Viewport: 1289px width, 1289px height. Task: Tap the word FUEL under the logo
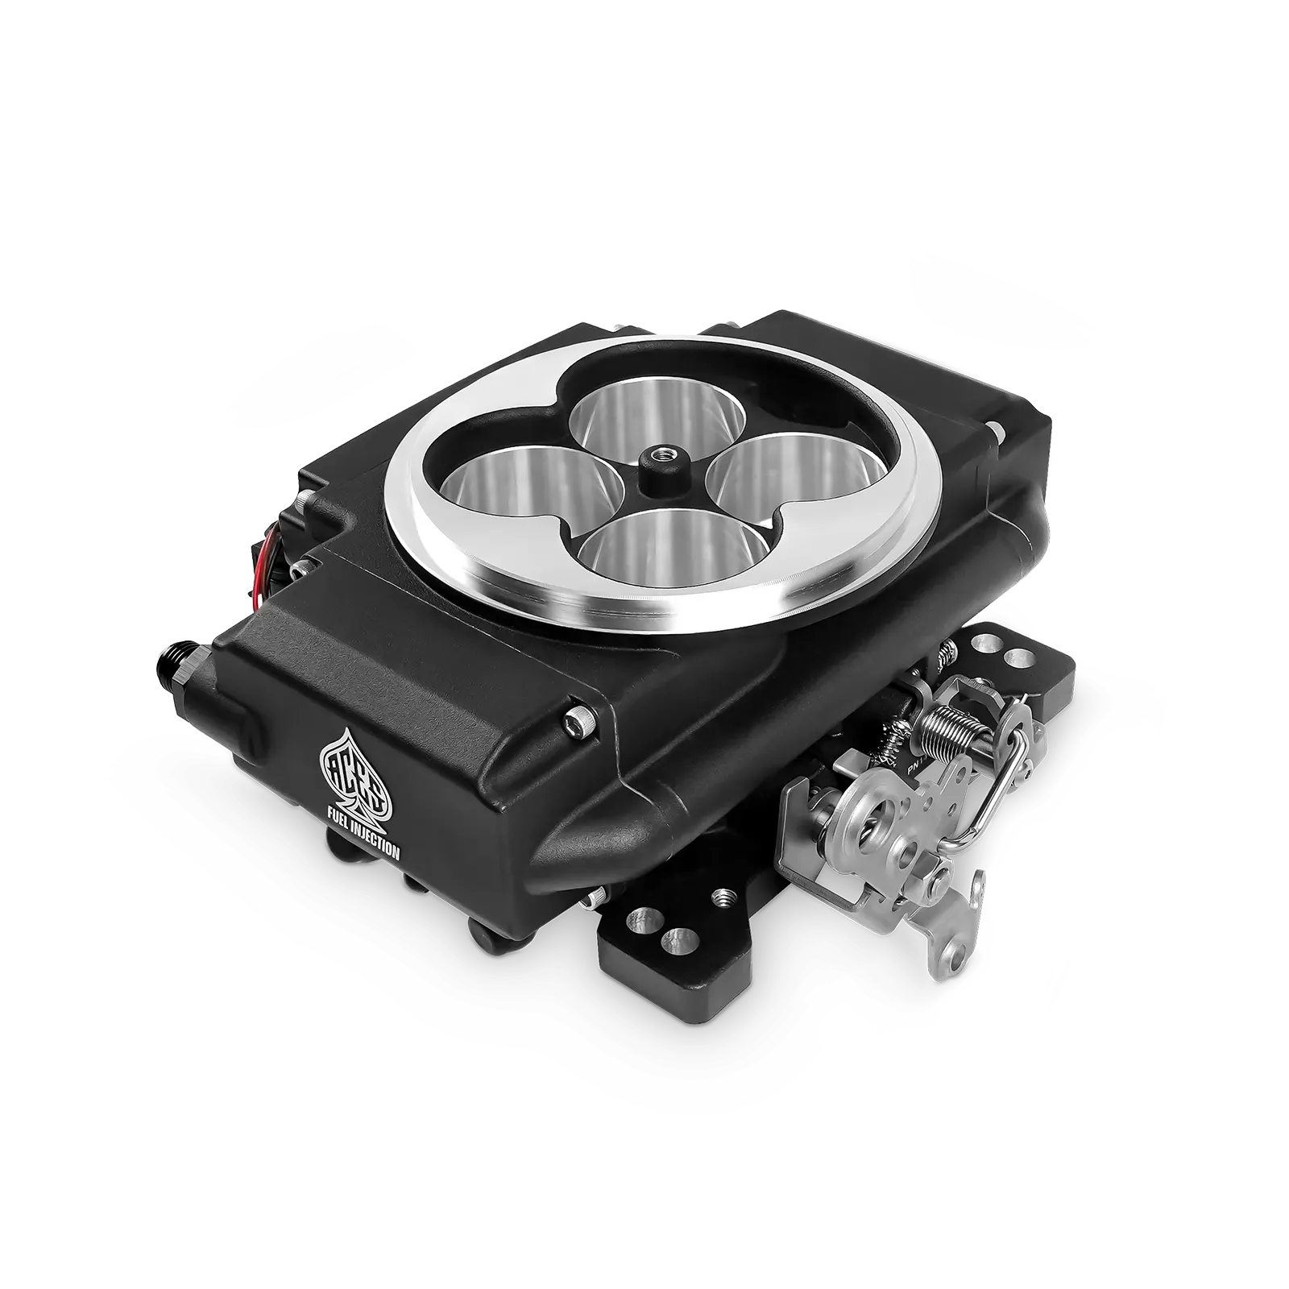(338, 819)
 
